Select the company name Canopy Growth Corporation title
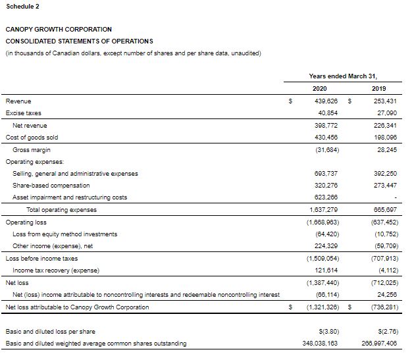(x=59, y=29)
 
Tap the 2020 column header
(x=319, y=89)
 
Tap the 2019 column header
(x=379, y=89)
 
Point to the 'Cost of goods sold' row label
(x=32, y=137)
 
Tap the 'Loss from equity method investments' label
(x=65, y=234)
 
